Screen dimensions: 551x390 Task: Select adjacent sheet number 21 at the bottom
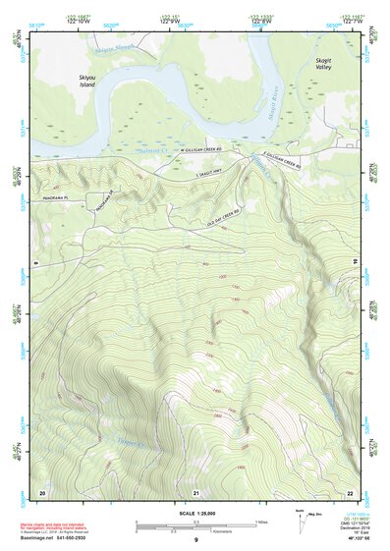[x=196, y=491]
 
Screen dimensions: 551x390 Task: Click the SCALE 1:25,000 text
[x=195, y=515]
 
